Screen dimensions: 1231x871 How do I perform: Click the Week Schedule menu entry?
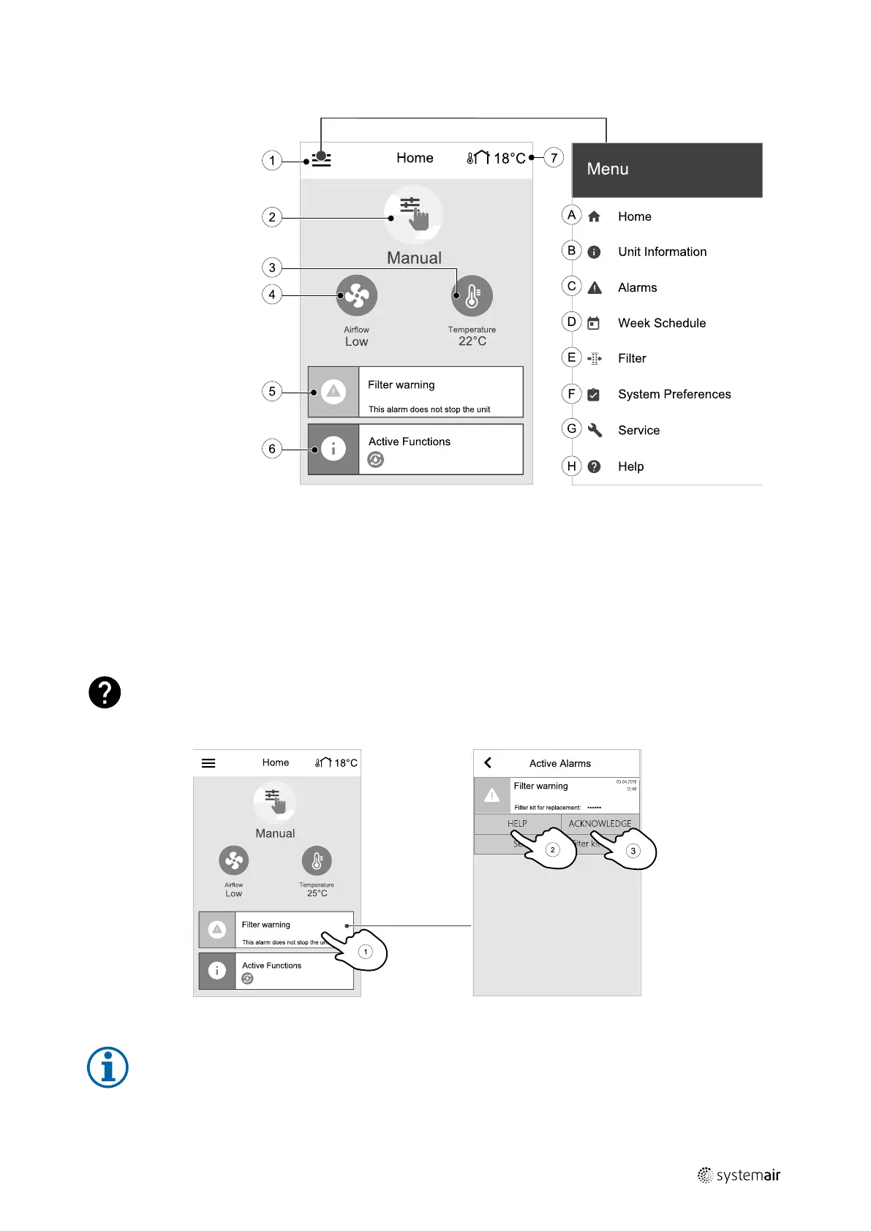[x=661, y=323]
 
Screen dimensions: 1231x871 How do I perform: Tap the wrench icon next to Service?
[x=595, y=431]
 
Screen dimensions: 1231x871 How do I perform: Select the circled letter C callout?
[x=571, y=286]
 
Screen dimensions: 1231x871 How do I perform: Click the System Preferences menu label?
[x=674, y=395]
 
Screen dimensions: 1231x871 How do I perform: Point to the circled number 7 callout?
[x=554, y=158]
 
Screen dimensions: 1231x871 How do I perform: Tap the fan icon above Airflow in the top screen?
[x=357, y=296]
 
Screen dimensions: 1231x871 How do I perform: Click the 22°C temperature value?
[x=472, y=341]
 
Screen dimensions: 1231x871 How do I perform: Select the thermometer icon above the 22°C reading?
[x=472, y=296]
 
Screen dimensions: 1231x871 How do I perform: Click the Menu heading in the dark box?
[x=608, y=170]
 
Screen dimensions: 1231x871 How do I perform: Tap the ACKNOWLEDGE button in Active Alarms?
[x=600, y=824]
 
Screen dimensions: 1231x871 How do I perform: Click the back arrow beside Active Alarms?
[x=488, y=763]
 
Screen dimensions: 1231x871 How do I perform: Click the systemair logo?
[x=739, y=1175]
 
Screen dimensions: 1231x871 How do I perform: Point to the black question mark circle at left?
[x=105, y=692]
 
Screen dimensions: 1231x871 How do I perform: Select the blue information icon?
[x=108, y=1067]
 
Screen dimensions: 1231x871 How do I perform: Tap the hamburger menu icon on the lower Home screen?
[x=208, y=763]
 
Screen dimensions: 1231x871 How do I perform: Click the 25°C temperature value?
[x=317, y=893]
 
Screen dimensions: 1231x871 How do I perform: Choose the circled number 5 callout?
[x=272, y=392]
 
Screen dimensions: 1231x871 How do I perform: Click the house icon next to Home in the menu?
[x=594, y=217]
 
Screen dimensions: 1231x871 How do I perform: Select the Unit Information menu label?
[x=662, y=252]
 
